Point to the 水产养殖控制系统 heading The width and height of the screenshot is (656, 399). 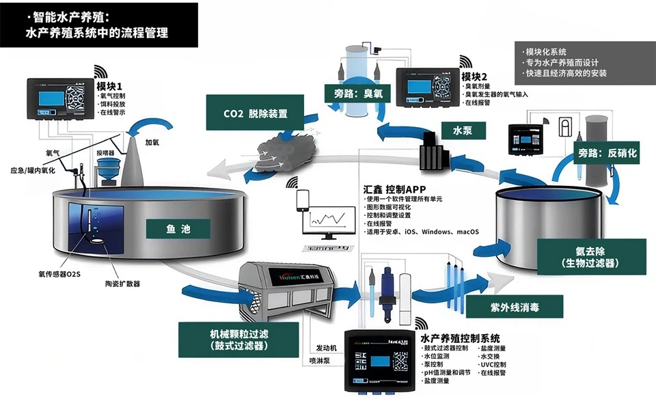coord(460,338)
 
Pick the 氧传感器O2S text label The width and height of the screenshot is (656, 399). coord(59,273)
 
